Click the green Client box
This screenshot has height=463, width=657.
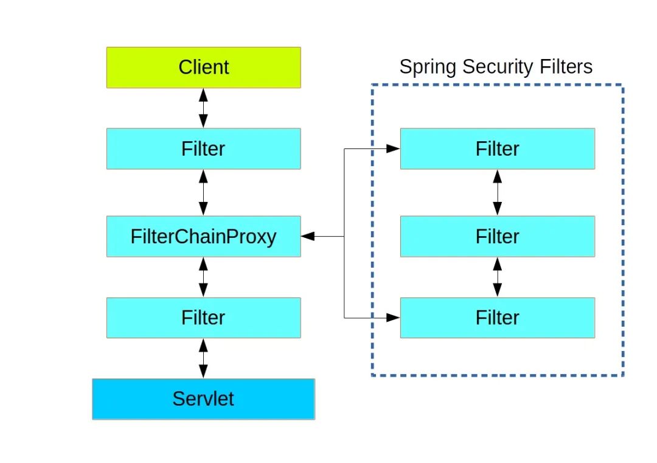pos(203,68)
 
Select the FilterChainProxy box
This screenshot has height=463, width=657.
pos(203,236)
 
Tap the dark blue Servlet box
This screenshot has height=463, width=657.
pos(203,399)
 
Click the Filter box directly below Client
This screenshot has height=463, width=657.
pos(203,148)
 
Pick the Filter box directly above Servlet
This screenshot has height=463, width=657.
pos(203,318)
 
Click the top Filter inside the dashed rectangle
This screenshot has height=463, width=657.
pos(497,148)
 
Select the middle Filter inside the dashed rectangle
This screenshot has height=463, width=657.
pos(497,236)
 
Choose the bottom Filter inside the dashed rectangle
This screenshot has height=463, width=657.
pos(497,318)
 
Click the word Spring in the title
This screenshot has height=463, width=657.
pos(426,67)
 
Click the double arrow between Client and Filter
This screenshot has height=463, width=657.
pos(203,108)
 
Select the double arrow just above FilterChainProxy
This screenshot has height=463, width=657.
pos(203,192)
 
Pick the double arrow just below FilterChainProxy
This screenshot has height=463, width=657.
pos(203,277)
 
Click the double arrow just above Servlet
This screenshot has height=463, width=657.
pos(203,358)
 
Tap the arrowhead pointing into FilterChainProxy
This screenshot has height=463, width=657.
pos(308,236)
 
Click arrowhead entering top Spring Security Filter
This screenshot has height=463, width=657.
pos(394,148)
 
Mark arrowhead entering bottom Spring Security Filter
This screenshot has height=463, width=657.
pos(394,318)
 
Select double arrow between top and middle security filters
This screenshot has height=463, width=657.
pos(497,192)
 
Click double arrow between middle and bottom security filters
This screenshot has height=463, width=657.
pos(497,277)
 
